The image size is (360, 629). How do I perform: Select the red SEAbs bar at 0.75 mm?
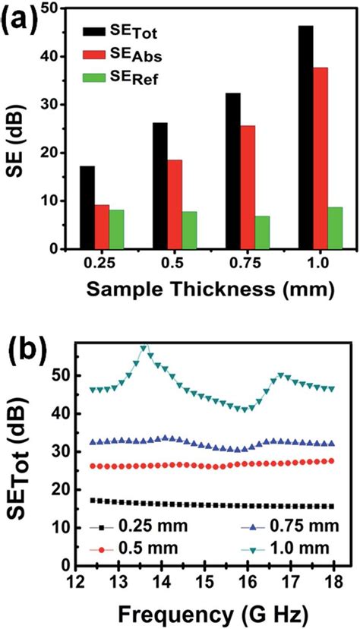[248, 187]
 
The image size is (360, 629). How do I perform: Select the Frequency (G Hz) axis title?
[207, 612]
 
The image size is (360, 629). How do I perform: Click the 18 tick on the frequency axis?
[332, 582]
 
